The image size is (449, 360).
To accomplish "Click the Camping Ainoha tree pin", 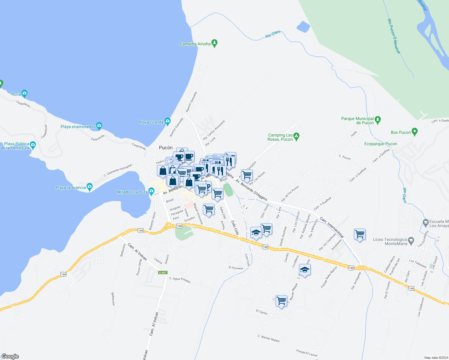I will (214, 43).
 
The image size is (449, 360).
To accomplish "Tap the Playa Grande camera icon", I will (167, 121).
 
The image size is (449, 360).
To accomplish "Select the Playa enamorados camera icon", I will (99, 126).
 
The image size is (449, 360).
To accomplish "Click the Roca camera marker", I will (24, 93).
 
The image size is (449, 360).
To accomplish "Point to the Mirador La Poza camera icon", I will (151, 191).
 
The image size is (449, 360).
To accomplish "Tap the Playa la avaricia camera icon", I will (89, 187).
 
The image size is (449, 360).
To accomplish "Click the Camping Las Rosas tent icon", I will (297, 136).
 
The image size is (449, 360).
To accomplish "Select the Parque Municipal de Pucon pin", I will (378, 120).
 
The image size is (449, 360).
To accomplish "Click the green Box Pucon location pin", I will (414, 131).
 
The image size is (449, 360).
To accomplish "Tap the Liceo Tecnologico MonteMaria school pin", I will (411, 241).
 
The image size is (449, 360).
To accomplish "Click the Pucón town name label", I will (166, 148).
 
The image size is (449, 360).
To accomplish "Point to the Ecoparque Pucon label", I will (381, 144).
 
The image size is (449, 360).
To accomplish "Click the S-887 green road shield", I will (163, 273).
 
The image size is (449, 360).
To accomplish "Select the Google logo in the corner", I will (10, 356).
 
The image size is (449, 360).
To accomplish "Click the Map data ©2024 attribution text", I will (436, 358).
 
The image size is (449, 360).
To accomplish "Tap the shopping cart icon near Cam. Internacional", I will (359, 234).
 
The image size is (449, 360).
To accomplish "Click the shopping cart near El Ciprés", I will (281, 301).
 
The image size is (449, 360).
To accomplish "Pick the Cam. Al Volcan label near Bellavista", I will (137, 251).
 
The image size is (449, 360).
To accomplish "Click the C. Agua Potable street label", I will (180, 280).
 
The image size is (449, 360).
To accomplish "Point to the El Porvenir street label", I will (236, 268).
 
